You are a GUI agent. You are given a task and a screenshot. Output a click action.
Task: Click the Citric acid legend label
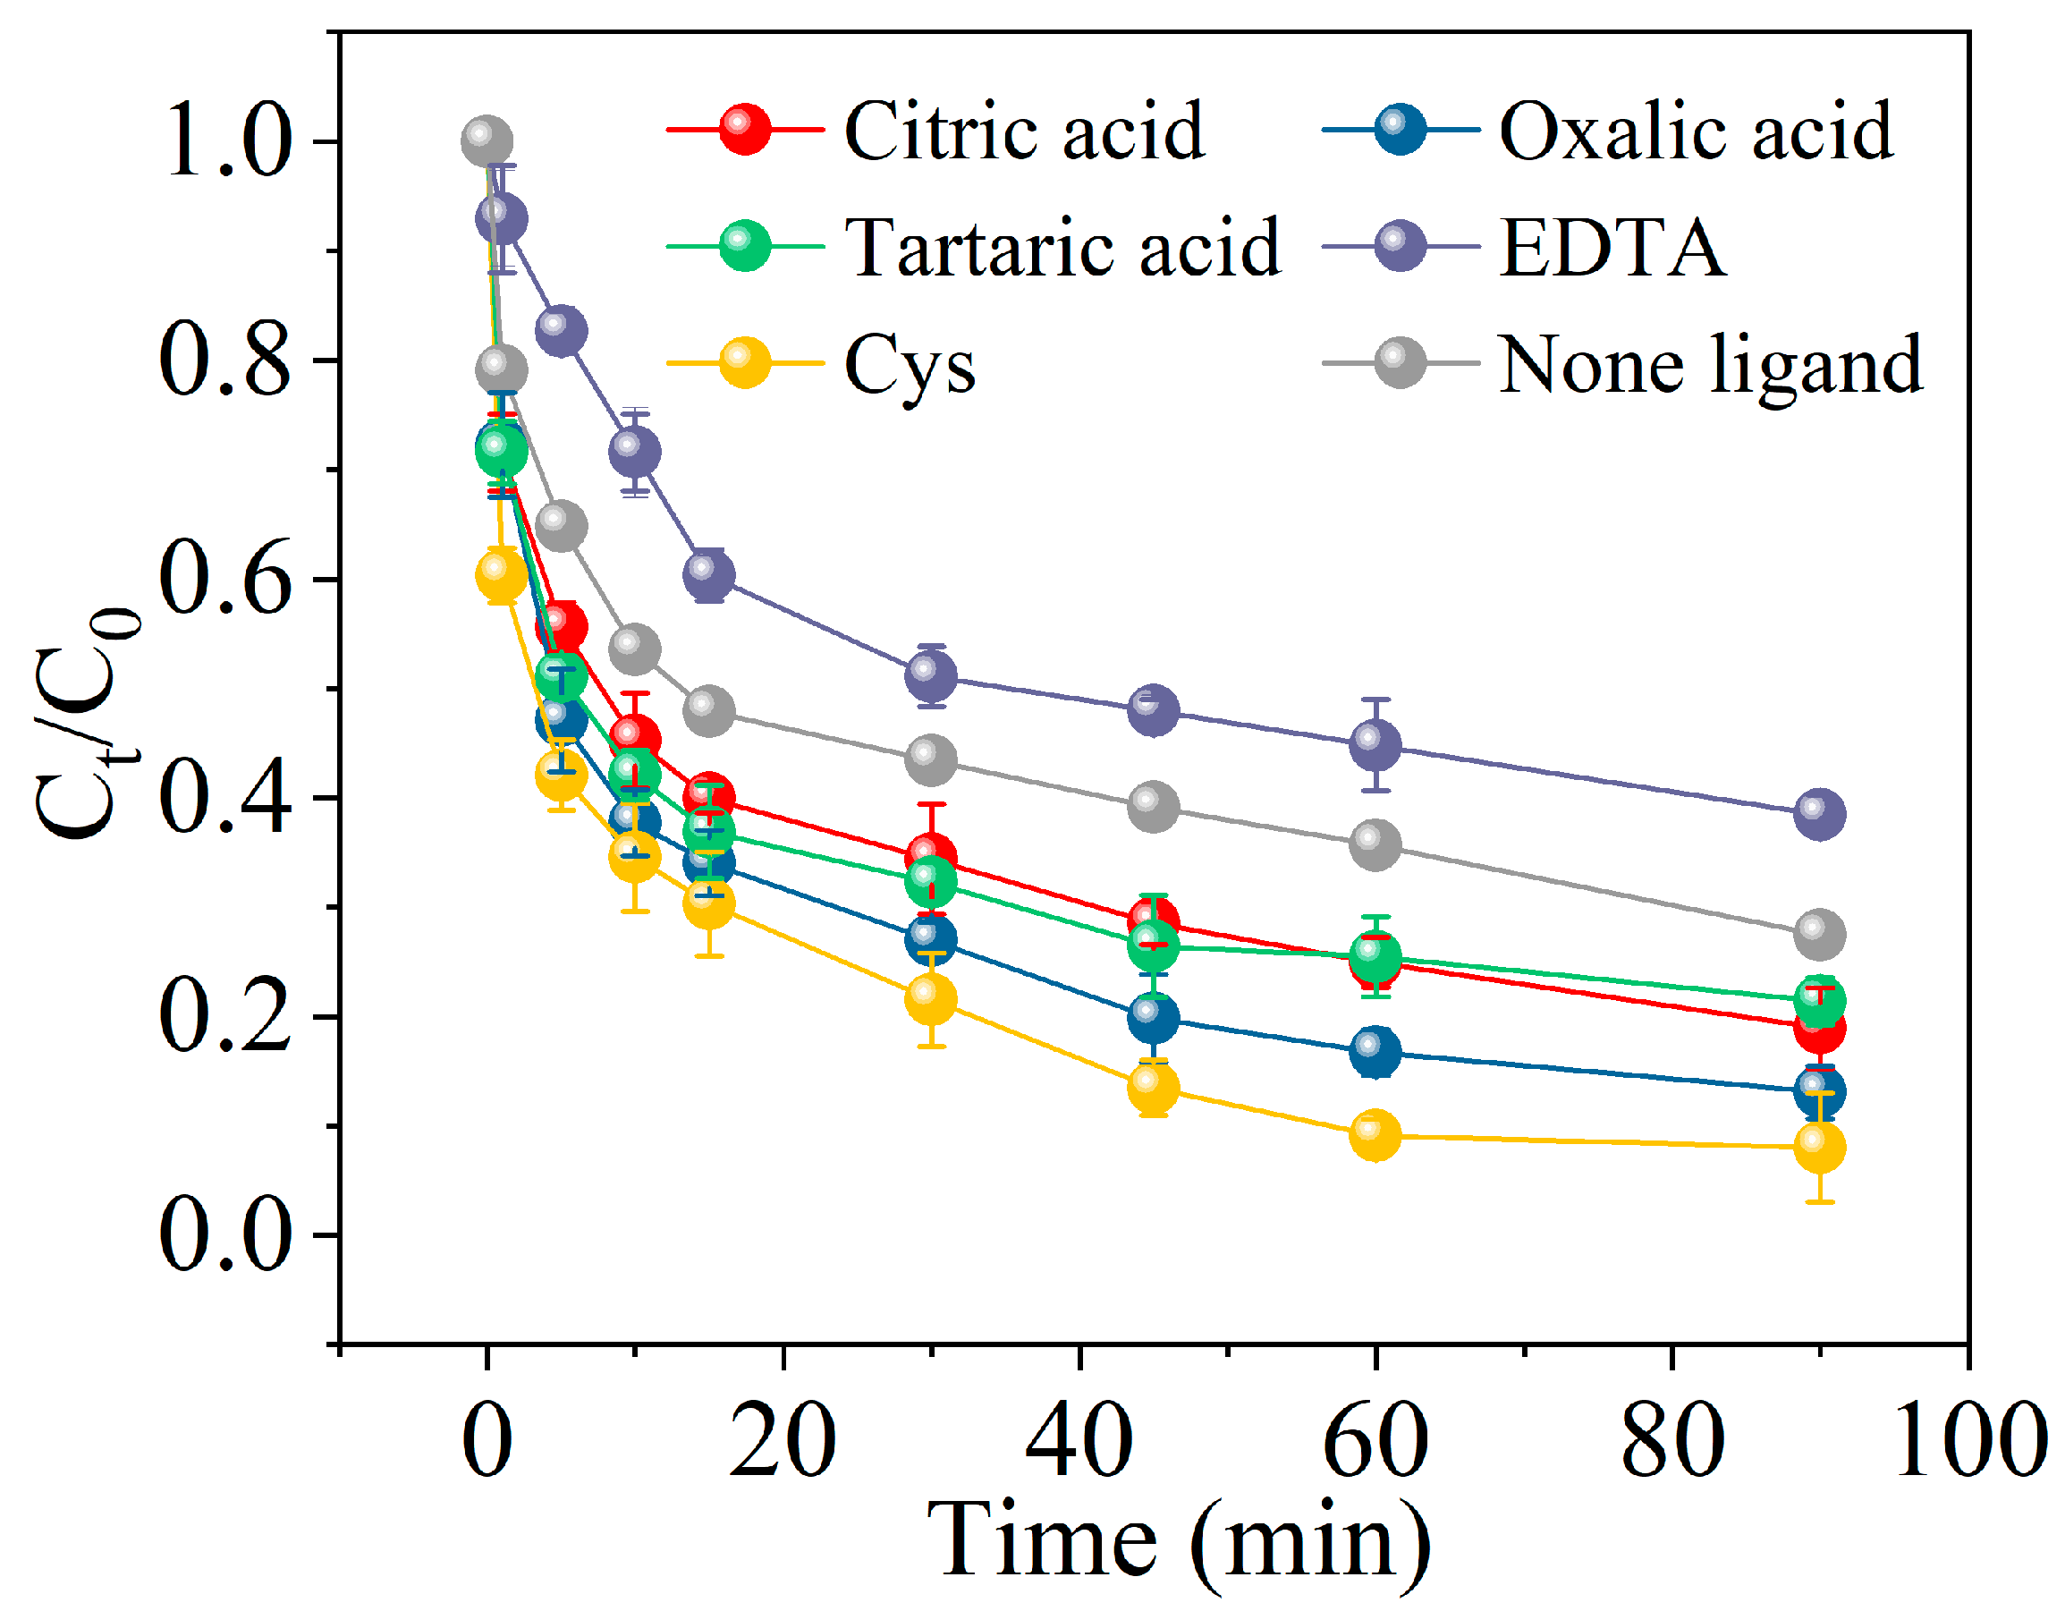(x=1024, y=131)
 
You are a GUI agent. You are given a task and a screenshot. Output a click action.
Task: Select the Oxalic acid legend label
(x=1697, y=131)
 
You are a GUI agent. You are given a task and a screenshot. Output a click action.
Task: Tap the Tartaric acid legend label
(x=1063, y=248)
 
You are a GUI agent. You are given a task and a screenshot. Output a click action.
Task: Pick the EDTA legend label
(x=1613, y=248)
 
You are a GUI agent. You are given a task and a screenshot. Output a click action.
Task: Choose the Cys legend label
(x=910, y=365)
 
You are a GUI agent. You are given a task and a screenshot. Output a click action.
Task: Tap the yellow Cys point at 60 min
(x=1375, y=1134)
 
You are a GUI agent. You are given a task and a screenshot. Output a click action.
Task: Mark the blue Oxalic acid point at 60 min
(x=1375, y=1050)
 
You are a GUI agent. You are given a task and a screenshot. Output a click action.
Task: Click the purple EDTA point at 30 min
(x=931, y=675)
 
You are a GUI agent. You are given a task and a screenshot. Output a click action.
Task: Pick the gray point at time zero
(x=487, y=143)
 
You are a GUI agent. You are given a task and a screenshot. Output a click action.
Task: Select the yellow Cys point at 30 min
(x=931, y=999)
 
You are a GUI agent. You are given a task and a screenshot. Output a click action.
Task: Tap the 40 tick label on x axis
(x=1079, y=1441)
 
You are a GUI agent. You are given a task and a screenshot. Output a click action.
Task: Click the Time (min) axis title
(x=1178, y=1542)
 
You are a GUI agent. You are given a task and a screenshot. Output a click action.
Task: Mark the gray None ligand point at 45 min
(x=1154, y=807)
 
